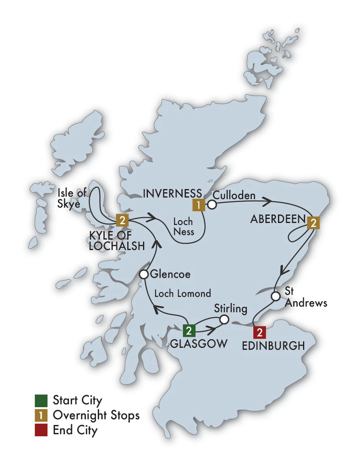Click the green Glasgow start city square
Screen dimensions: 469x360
point(189,331)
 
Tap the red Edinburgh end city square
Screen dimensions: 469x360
point(259,332)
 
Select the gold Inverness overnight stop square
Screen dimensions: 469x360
point(198,205)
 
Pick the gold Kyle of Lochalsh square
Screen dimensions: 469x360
point(122,220)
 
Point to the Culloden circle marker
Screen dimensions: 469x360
point(212,205)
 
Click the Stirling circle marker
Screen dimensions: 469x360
point(224,320)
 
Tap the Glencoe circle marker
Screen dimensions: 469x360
point(143,275)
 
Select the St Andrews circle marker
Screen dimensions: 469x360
point(275,297)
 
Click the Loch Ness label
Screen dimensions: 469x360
point(183,227)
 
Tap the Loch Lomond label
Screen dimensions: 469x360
point(183,294)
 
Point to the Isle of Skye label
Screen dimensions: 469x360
point(72,198)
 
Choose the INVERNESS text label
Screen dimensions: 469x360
point(173,193)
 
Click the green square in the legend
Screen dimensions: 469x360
point(41,400)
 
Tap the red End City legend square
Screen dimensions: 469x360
point(41,429)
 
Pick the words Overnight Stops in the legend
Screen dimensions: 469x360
point(96,415)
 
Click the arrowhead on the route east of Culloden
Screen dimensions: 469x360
point(267,200)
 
